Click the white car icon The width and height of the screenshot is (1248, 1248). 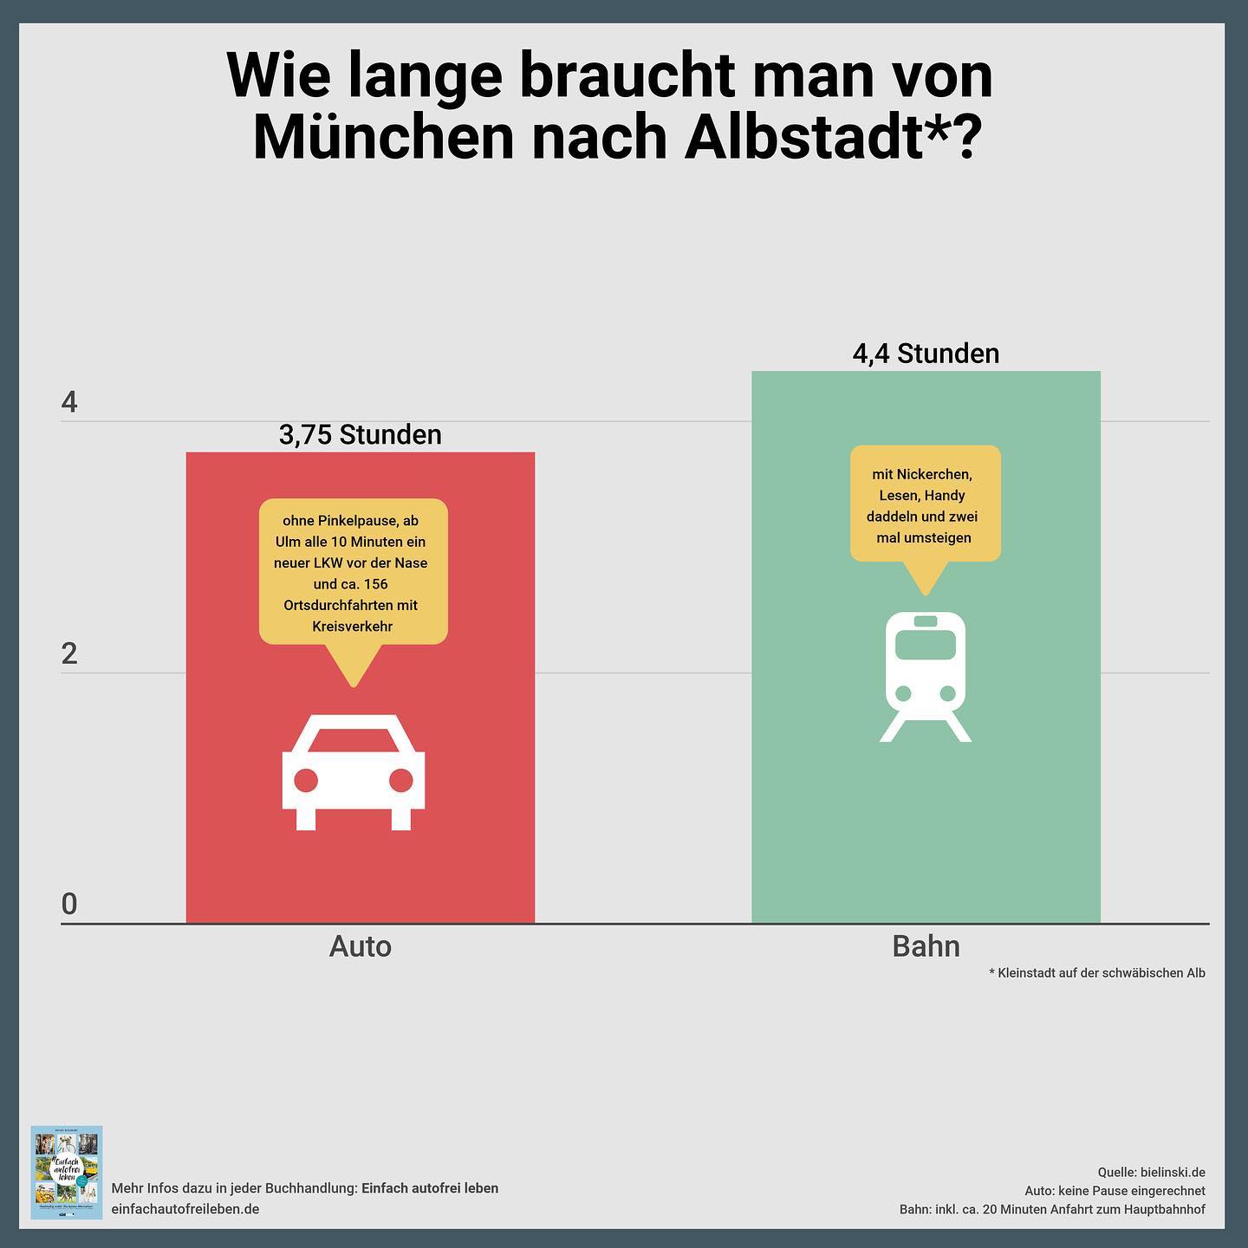pos(354,772)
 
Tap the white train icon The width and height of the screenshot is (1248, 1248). pos(926,677)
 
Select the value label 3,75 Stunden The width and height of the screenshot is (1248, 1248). pos(361,434)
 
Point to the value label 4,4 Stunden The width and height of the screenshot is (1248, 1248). pos(926,354)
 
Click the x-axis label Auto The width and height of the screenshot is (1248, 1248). pos(361,946)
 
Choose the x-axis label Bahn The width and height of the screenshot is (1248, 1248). pos(926,946)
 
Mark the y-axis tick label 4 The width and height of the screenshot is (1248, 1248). pos(69,402)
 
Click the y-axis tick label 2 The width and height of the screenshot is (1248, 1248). pos(69,653)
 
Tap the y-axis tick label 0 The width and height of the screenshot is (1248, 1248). pos(69,904)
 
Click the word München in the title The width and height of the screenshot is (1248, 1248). pos(384,137)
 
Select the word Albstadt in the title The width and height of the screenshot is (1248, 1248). pos(803,137)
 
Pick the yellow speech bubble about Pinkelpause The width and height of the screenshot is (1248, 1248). pos(354,572)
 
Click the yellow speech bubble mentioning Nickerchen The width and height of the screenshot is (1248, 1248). pos(926,505)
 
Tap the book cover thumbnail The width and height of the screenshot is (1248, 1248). pos(67,1172)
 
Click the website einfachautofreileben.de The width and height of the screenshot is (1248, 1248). pos(185,1209)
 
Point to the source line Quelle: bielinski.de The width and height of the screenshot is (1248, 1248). pos(1151,1173)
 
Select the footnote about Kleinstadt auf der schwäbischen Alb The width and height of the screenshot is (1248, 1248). pos(1097,973)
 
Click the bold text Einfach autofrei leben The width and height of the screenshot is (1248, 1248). pos(430,1188)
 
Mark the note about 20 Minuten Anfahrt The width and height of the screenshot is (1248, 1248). pos(1052,1209)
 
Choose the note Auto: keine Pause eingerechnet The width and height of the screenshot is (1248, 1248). pos(1115,1191)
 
